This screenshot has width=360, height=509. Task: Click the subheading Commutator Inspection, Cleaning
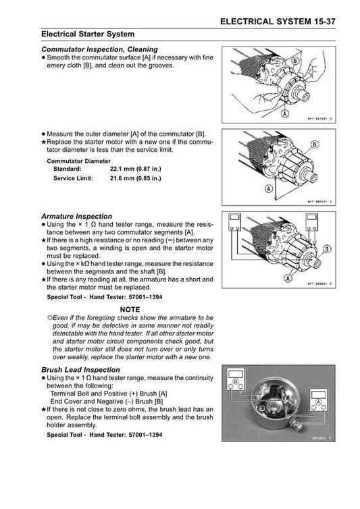click(x=99, y=49)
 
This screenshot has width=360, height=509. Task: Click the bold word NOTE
click(x=128, y=308)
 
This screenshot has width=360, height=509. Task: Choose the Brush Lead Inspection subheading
click(x=81, y=371)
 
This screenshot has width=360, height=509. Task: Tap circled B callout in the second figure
click(x=315, y=144)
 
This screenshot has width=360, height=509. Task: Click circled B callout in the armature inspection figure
click(x=326, y=249)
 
